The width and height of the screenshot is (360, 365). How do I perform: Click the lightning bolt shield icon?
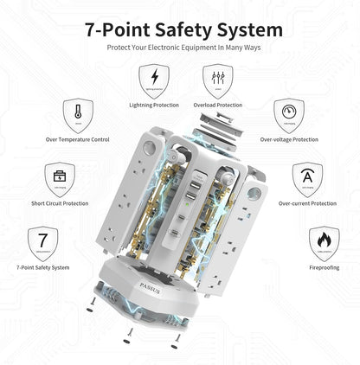[x=155, y=80]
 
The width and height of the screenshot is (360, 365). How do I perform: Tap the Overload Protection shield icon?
[x=216, y=80]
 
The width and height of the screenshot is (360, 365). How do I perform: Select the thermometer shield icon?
[x=78, y=113]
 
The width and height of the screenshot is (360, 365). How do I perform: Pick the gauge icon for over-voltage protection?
[x=288, y=113]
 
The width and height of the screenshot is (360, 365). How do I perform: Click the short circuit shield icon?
[x=60, y=179]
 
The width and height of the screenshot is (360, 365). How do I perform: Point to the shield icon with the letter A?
[x=307, y=179]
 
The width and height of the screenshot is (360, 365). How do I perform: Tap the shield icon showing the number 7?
[x=42, y=242]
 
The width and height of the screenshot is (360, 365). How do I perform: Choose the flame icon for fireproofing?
[x=323, y=242]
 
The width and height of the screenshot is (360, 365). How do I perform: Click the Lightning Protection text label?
[x=155, y=105]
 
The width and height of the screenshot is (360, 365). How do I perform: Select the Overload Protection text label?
[x=216, y=105]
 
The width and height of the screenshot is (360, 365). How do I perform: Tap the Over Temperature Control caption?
[x=78, y=138]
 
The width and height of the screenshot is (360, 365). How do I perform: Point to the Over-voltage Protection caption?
[x=288, y=138]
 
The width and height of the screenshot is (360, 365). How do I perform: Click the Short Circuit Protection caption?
[x=60, y=204]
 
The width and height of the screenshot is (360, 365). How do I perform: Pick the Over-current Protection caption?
[x=307, y=204]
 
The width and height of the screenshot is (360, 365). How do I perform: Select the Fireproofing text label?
[x=323, y=267]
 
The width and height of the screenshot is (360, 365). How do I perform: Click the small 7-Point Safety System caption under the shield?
[x=42, y=267]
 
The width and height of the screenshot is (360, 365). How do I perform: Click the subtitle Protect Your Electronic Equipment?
[x=180, y=48]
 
